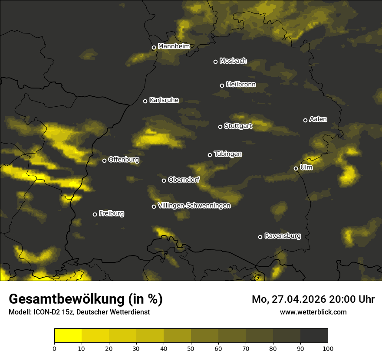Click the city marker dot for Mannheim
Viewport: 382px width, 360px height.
pyautogui.click(x=154, y=48)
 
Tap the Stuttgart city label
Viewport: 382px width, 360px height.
pyautogui.click(x=238, y=126)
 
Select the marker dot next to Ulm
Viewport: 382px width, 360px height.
pyautogui.click(x=296, y=168)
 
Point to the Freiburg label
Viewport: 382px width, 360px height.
pyautogui.click(x=111, y=213)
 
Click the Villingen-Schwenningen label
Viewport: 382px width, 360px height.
pyautogui.click(x=194, y=206)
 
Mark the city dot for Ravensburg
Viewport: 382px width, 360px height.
pyautogui.click(x=260, y=237)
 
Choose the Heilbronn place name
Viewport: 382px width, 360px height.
pyautogui.click(x=241, y=85)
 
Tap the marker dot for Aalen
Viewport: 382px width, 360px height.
pyautogui.click(x=305, y=120)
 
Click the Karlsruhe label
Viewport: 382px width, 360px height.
pyautogui.click(x=164, y=100)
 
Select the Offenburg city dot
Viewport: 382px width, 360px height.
pyautogui.click(x=104, y=160)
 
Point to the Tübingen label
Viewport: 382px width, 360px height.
pyautogui.click(x=228, y=154)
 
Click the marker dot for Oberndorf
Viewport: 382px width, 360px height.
pyautogui.click(x=164, y=180)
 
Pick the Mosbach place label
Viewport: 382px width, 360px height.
pyautogui.click(x=233, y=61)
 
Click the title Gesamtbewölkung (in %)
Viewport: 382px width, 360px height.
pyautogui.click(x=86, y=299)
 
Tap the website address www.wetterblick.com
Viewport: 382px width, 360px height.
pyautogui.click(x=313, y=312)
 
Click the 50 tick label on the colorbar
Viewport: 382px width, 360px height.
pyautogui.click(x=191, y=348)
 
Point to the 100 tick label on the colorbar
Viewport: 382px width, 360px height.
pyautogui.click(x=328, y=348)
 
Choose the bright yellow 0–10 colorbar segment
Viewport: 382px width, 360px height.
pyautogui.click(x=68, y=336)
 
